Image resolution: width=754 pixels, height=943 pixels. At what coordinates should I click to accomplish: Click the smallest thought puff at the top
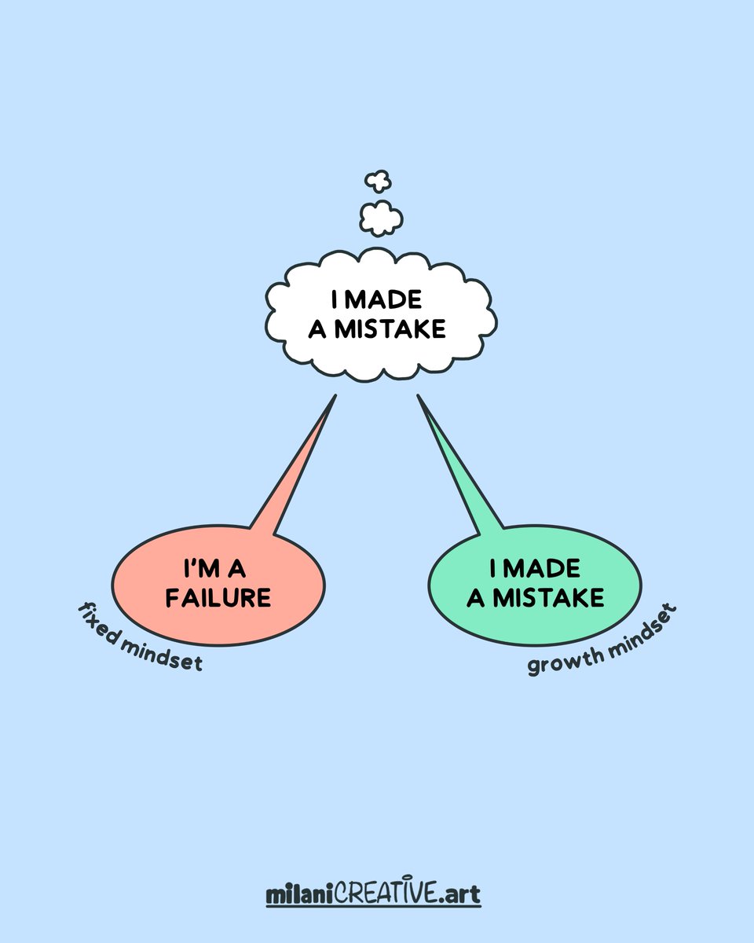[378, 181]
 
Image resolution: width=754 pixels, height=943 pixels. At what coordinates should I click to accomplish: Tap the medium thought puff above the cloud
[381, 218]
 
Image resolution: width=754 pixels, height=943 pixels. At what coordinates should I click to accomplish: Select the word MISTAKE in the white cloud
[391, 328]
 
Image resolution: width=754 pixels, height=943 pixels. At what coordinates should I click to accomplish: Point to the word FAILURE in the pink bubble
[218, 597]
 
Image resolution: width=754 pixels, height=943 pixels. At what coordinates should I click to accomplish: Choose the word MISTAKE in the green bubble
[548, 597]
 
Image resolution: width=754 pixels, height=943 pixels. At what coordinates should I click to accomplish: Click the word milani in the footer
[299, 893]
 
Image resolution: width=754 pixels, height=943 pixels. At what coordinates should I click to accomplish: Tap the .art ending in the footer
[459, 893]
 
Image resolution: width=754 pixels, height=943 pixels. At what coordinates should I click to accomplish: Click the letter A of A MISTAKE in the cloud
[317, 328]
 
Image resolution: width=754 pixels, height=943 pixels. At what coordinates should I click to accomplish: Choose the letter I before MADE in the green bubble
[494, 568]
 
